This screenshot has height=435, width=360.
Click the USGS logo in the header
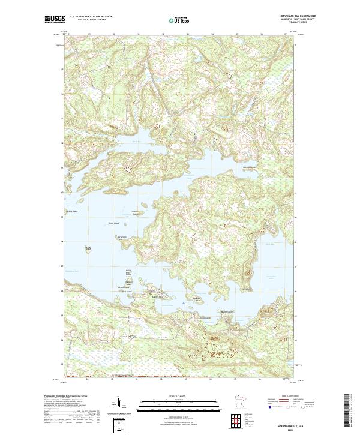(x=55, y=19)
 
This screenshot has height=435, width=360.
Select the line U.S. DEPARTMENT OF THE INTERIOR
(x=91, y=16)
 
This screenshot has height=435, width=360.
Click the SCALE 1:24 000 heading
(x=174, y=397)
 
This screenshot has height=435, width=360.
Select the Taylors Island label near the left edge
(x=73, y=211)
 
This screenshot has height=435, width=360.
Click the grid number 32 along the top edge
(x=163, y=34)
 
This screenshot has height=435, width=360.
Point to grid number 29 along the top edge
(x=89, y=34)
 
